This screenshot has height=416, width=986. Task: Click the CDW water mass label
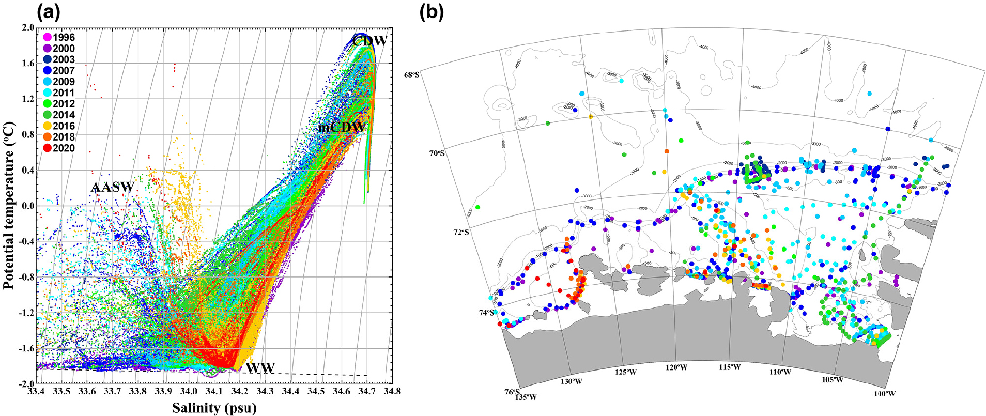[369, 41]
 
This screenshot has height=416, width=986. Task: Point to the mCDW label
[342, 127]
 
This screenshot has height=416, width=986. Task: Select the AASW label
[113, 187]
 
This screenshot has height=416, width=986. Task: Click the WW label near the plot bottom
[260, 368]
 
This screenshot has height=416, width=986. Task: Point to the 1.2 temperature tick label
[25, 99]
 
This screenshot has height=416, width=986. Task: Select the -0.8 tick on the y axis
[23, 277]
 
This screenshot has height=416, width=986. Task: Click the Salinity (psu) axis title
[214, 408]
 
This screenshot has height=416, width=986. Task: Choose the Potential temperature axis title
[9, 205]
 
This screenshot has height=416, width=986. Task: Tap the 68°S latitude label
[411, 74]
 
